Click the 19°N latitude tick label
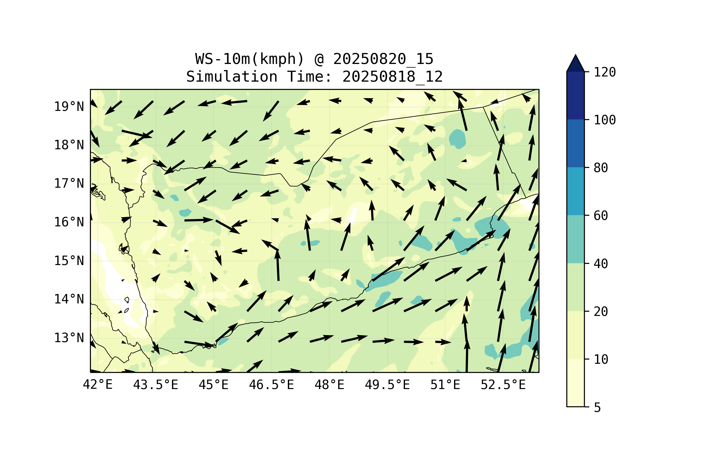tap(69, 107)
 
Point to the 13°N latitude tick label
tap(69, 338)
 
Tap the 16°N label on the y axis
tap(69, 222)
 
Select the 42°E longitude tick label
tap(98, 385)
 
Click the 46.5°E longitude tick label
tap(271, 385)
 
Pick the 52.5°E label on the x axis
tap(503, 385)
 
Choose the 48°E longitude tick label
tap(329, 385)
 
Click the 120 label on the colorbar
tap(605, 72)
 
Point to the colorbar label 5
tap(597, 408)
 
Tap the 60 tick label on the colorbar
tap(601, 216)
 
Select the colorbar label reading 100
tap(605, 120)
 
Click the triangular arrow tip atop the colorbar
tap(575, 55)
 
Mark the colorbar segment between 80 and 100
tap(575, 143)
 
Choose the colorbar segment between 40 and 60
tap(575, 239)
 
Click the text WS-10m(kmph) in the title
tap(250, 59)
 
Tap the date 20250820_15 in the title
tap(383, 59)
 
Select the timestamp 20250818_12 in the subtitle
tap(392, 77)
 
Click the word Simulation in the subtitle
tap(232, 77)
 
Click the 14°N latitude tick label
tap(69, 299)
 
